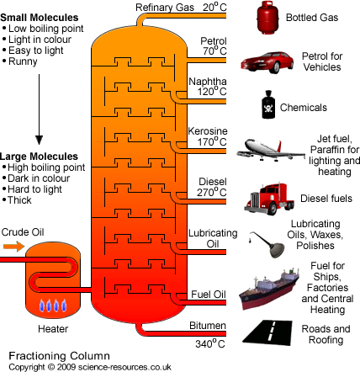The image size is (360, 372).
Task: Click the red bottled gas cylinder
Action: [x=267, y=18]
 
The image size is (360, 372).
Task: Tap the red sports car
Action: [x=267, y=62]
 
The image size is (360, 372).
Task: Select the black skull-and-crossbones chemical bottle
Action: [x=268, y=104]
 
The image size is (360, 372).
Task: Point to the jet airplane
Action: [x=271, y=150]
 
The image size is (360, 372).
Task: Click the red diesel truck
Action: [x=268, y=199]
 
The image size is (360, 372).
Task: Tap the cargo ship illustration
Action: [x=268, y=289]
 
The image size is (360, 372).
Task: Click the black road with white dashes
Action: [x=267, y=332]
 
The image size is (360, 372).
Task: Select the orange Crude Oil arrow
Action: [x=13, y=247]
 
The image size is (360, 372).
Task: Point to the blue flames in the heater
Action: [x=53, y=306]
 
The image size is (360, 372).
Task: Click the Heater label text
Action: [x=53, y=329]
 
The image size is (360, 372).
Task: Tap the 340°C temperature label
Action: [x=210, y=343]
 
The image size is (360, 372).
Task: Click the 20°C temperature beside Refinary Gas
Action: [x=214, y=7]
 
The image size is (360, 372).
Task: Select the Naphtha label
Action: [x=208, y=82]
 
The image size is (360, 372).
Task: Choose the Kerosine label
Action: [x=208, y=131]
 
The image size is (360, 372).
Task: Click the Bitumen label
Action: [x=208, y=326]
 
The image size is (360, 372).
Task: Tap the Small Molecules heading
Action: [x=40, y=18]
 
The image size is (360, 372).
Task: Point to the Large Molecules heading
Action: [x=39, y=157]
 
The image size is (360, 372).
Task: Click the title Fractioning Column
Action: [x=59, y=356]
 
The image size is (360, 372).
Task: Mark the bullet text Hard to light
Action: [x=34, y=189]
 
